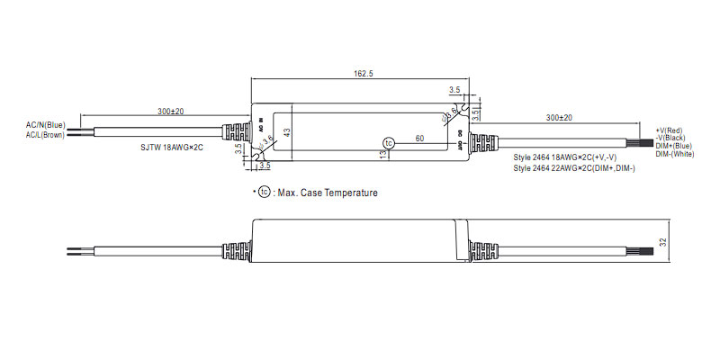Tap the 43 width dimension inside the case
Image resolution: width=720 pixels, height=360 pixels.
click(x=287, y=133)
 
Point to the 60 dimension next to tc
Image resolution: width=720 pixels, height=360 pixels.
click(x=418, y=138)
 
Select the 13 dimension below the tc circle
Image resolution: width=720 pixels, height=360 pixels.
click(x=382, y=155)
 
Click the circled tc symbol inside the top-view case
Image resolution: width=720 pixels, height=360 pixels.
click(x=389, y=143)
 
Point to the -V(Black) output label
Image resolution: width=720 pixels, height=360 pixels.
click(x=674, y=139)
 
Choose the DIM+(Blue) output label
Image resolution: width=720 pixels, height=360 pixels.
click(x=675, y=146)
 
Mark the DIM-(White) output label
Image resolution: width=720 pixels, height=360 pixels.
click(x=676, y=154)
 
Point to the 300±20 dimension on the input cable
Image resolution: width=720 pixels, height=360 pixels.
click(x=170, y=112)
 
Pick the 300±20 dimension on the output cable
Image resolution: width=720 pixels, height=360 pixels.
click(x=559, y=118)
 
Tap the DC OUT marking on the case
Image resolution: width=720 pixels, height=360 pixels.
click(x=461, y=140)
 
